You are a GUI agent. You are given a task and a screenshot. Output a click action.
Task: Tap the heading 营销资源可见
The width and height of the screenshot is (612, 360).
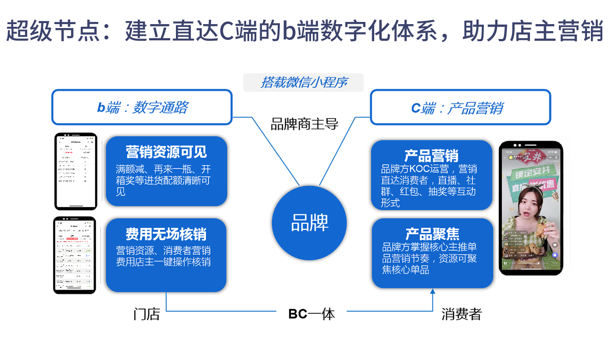(166, 152)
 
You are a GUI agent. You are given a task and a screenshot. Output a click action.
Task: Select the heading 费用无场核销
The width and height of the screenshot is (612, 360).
(166, 234)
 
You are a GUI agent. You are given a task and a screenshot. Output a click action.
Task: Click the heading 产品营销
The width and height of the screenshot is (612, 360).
(431, 156)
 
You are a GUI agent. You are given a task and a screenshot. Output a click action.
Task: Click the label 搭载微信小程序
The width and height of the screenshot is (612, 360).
(304, 82)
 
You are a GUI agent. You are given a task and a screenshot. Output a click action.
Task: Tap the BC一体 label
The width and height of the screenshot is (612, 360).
(311, 314)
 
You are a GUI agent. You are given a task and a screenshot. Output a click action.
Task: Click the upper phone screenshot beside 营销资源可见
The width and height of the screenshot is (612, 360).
(75, 171)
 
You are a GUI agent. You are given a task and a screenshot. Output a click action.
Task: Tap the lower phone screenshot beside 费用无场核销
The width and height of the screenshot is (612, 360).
(75, 255)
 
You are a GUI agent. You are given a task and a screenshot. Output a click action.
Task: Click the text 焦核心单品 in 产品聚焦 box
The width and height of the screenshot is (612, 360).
(405, 270)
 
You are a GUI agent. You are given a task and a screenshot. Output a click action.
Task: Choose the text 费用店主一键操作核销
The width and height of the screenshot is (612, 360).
(163, 262)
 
